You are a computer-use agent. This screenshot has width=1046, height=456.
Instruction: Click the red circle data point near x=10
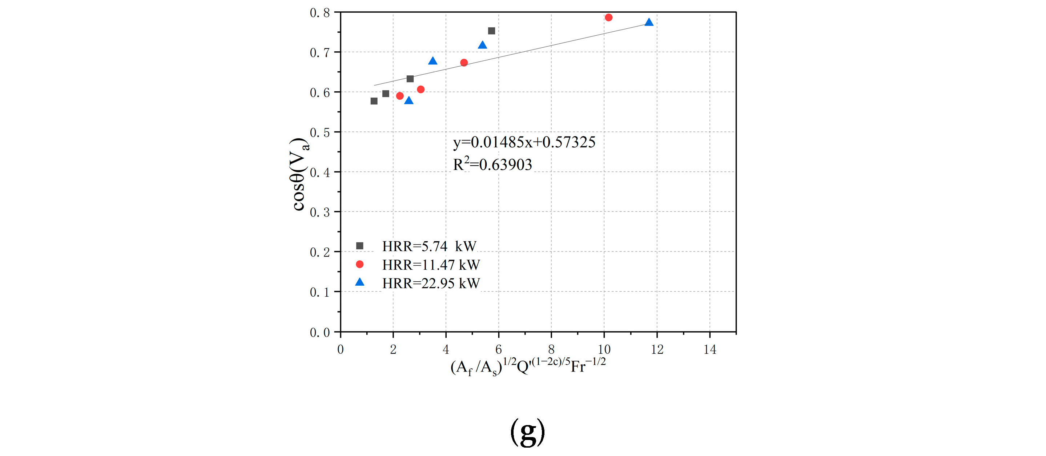pyautogui.click(x=608, y=17)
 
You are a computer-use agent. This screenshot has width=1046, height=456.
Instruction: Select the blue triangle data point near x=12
pyautogui.click(x=649, y=22)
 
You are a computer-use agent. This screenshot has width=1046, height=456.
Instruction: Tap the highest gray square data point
pyautogui.click(x=491, y=31)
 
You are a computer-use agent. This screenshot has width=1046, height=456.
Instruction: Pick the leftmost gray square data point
pyautogui.click(x=374, y=101)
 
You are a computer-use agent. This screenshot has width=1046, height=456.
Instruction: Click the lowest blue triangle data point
pyautogui.click(x=409, y=100)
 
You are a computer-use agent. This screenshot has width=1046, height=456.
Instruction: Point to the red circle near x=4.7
pyautogui.click(x=464, y=63)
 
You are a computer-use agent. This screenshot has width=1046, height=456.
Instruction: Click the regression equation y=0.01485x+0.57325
pyautogui.click(x=524, y=142)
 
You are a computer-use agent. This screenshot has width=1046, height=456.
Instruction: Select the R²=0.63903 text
pyautogui.click(x=492, y=164)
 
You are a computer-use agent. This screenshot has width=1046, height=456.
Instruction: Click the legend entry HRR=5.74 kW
pyautogui.click(x=429, y=246)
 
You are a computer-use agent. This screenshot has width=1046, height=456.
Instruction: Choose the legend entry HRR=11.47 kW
pyautogui.click(x=430, y=265)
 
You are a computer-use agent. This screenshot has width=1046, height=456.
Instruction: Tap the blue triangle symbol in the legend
pyautogui.click(x=360, y=282)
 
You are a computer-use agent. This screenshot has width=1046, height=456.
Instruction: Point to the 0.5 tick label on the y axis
pyautogui.click(x=319, y=132)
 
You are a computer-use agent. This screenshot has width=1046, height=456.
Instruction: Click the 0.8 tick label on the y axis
pyautogui.click(x=319, y=13)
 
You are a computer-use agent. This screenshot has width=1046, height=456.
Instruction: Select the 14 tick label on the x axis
pyautogui.click(x=709, y=349)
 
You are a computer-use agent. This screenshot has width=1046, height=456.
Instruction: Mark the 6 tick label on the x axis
pyautogui.click(x=498, y=349)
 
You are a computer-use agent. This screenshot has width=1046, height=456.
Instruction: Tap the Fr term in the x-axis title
pyautogui.click(x=578, y=367)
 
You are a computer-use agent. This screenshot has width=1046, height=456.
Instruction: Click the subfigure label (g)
pyautogui.click(x=527, y=432)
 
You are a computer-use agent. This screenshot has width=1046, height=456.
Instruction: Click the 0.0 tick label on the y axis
pyautogui.click(x=319, y=333)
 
